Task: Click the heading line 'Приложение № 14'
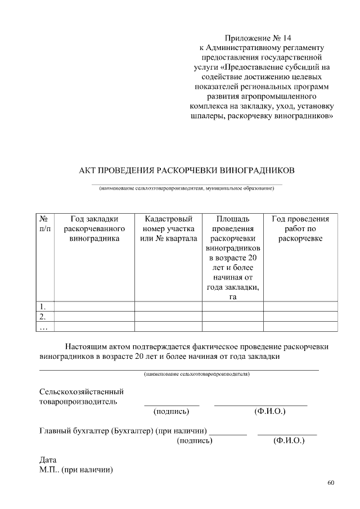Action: pyautogui.click(x=258, y=38)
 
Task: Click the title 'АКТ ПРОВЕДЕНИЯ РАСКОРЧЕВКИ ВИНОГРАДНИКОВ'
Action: pyautogui.click(x=186, y=170)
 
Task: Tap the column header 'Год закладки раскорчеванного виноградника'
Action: pyautogui.click(x=94, y=228)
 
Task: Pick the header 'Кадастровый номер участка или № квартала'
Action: pyautogui.click(x=168, y=228)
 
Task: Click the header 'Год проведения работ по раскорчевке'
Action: pyautogui.click(x=300, y=228)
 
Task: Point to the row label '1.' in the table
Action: pyautogui.click(x=43, y=306)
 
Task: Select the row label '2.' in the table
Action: pyautogui.click(x=43, y=316)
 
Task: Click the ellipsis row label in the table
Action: pyautogui.click(x=43, y=326)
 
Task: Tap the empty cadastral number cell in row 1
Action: pyautogui.click(x=168, y=306)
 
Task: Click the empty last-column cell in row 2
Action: pyautogui.click(x=300, y=316)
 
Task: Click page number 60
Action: pyautogui.click(x=330, y=483)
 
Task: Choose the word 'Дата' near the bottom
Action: pyautogui.click(x=48, y=460)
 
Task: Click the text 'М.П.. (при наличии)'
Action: pyautogui.click(x=76, y=470)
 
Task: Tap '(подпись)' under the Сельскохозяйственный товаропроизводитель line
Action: pyautogui.click(x=171, y=412)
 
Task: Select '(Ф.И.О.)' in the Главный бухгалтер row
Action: pyautogui.click(x=289, y=442)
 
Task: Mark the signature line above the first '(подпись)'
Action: pyautogui.click(x=172, y=405)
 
